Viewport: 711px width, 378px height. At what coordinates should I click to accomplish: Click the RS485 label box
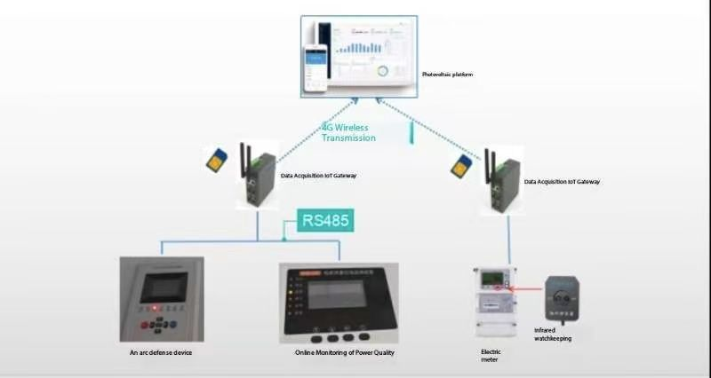point(326,220)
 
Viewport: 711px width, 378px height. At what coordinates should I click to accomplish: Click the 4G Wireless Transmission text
point(349,132)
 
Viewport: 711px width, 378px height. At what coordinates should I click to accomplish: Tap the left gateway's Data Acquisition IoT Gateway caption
point(318,177)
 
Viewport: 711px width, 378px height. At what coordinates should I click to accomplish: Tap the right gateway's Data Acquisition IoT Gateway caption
point(562,182)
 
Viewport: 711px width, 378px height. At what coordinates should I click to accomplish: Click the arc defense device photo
point(161,298)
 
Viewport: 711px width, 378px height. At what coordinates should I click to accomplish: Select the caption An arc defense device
point(161,353)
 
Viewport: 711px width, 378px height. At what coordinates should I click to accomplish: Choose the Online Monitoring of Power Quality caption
point(344,353)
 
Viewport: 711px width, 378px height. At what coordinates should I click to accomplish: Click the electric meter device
point(494,301)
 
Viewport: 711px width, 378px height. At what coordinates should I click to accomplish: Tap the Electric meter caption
point(491,356)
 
